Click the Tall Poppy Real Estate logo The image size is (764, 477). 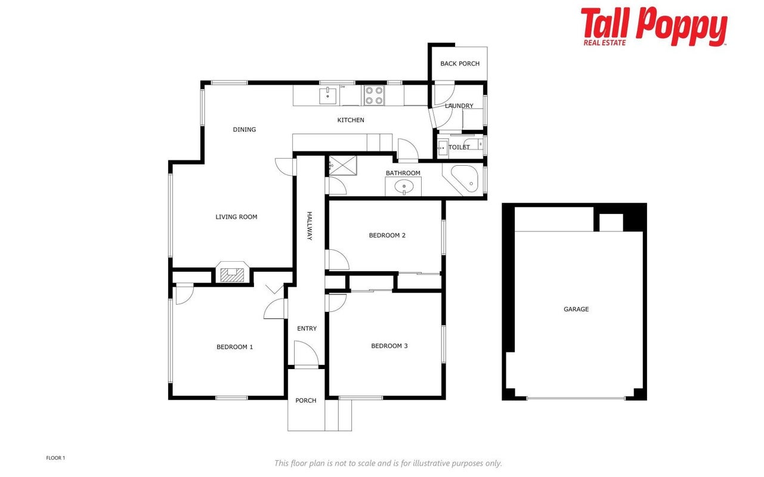(x=654, y=27)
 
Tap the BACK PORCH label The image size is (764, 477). (x=460, y=63)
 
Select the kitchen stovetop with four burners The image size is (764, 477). (x=374, y=95)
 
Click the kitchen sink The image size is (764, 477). (x=328, y=96)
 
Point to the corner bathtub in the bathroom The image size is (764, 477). (x=465, y=179)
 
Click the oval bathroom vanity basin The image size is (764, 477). (x=404, y=187)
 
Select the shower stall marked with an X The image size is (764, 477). (x=343, y=166)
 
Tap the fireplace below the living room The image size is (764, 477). (x=232, y=272)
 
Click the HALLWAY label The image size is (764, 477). (x=310, y=226)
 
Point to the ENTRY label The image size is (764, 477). (x=307, y=329)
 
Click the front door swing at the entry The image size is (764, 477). (x=307, y=353)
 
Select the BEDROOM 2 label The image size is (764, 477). (x=387, y=236)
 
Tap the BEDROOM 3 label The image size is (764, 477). (x=389, y=346)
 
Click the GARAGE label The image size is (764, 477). (x=576, y=309)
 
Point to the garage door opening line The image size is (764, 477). (x=576, y=398)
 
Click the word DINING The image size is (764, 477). (x=244, y=129)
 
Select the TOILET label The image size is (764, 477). (x=459, y=147)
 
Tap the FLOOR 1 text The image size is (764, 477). (x=55, y=458)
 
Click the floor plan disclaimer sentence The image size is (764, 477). (x=388, y=463)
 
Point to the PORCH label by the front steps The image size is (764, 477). (x=305, y=400)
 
